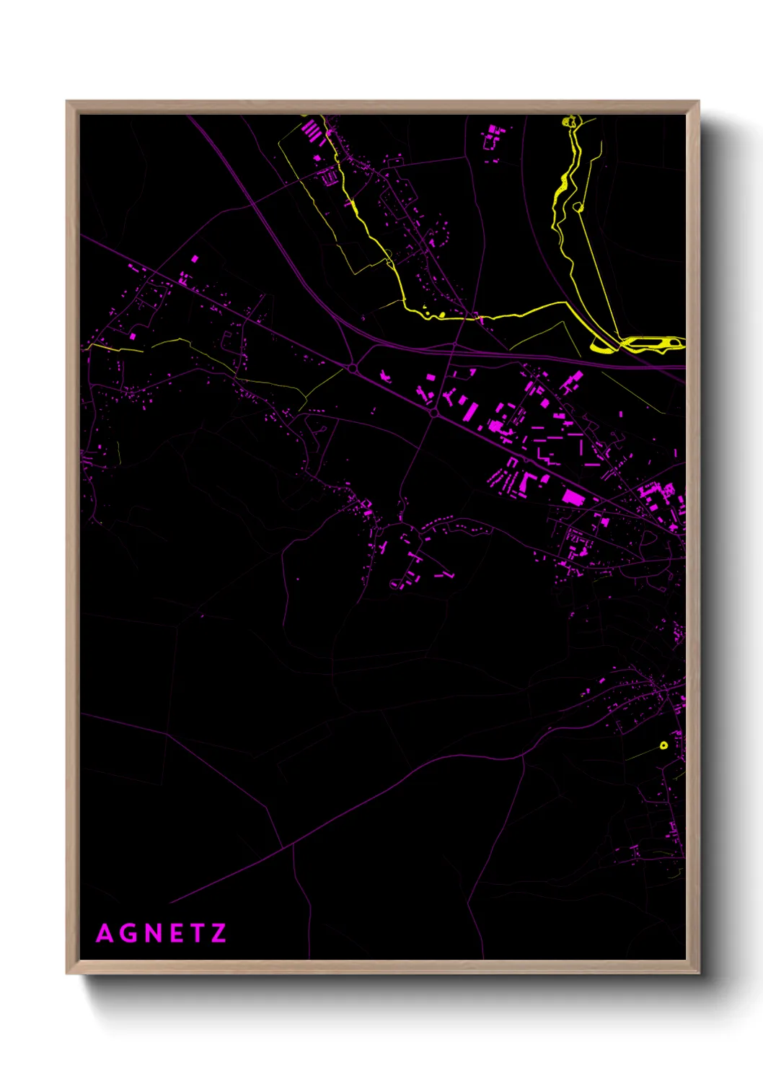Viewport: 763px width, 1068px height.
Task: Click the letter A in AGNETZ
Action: point(105,934)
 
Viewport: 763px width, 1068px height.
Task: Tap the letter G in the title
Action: point(130,934)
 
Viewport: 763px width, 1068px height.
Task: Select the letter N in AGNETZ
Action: point(154,934)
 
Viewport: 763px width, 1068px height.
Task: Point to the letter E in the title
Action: point(177,934)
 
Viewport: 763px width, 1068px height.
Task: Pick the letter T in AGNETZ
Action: point(197,934)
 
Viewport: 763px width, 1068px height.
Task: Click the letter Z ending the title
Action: point(219,934)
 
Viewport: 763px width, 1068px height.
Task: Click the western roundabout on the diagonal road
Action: point(353,369)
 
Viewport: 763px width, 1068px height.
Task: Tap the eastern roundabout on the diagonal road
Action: point(433,412)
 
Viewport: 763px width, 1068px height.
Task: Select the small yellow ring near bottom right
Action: point(663,745)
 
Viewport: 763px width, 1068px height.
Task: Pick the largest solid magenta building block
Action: point(573,497)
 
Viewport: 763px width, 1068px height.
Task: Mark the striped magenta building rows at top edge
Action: point(311,131)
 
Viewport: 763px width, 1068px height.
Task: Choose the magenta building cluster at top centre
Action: point(493,135)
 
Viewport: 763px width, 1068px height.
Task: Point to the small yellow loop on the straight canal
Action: point(578,208)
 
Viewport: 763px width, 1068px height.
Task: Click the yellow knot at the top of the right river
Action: point(570,121)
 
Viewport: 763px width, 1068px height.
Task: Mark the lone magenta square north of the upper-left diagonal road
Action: point(194,258)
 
